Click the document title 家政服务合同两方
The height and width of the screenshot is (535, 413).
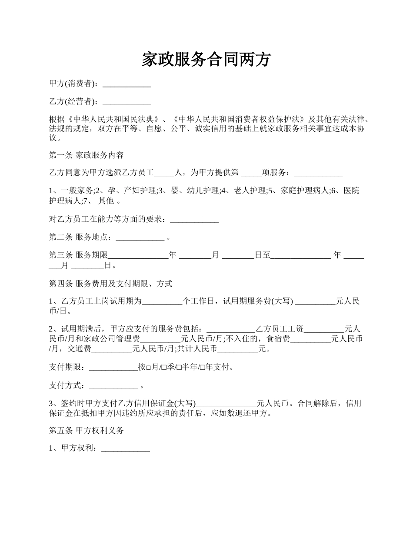pyautogui.click(x=206, y=60)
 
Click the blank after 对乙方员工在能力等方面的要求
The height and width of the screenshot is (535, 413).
pyautogui.click(x=194, y=220)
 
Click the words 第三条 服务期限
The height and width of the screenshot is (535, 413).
pyautogui.click(x=78, y=255)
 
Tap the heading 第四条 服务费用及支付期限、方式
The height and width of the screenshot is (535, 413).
pyautogui.click(x=111, y=284)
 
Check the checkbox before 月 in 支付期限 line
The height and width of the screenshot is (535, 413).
pyautogui.click(x=148, y=368)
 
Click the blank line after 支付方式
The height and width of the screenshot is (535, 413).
pyautogui.click(x=113, y=386)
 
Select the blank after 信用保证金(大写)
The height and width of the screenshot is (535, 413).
pyautogui.click(x=226, y=404)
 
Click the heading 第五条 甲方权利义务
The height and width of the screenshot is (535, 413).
pyautogui.click(x=87, y=431)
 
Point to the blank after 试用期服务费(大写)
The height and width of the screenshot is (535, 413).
pyautogui.click(x=315, y=301)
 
